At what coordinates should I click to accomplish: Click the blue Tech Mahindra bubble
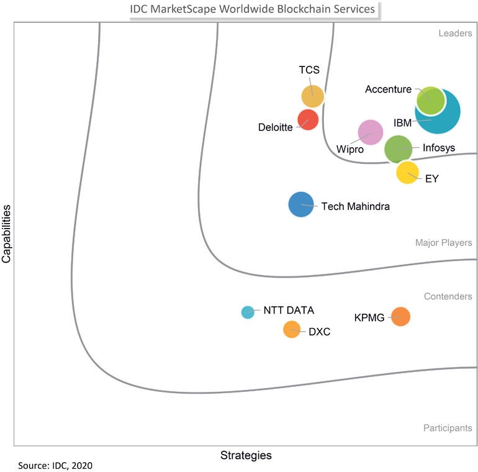pyautogui.click(x=301, y=205)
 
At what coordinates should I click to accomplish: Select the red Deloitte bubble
pyautogui.click(x=308, y=119)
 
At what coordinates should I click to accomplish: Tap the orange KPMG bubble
pyautogui.click(x=401, y=317)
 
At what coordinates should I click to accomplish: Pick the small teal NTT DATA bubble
pyautogui.click(x=248, y=312)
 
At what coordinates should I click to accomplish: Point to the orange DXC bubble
pyautogui.click(x=292, y=330)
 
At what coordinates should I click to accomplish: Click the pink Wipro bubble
pyautogui.click(x=371, y=132)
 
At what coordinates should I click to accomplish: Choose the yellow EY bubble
pyautogui.click(x=407, y=172)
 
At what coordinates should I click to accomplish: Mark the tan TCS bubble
pyautogui.click(x=312, y=96)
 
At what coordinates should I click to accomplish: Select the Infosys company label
pyautogui.click(x=438, y=148)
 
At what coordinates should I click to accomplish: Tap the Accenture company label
pyautogui.click(x=388, y=89)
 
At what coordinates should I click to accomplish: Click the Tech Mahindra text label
pyautogui.click(x=355, y=206)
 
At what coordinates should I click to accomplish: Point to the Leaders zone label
pyautogui.click(x=455, y=34)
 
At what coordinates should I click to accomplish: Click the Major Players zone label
pyautogui.click(x=443, y=243)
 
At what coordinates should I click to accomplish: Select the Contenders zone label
pyautogui.click(x=448, y=296)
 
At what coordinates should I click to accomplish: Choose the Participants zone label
pyautogui.click(x=448, y=428)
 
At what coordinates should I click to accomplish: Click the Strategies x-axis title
pyautogui.click(x=246, y=455)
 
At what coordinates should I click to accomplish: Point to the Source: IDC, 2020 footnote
pyautogui.click(x=55, y=465)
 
